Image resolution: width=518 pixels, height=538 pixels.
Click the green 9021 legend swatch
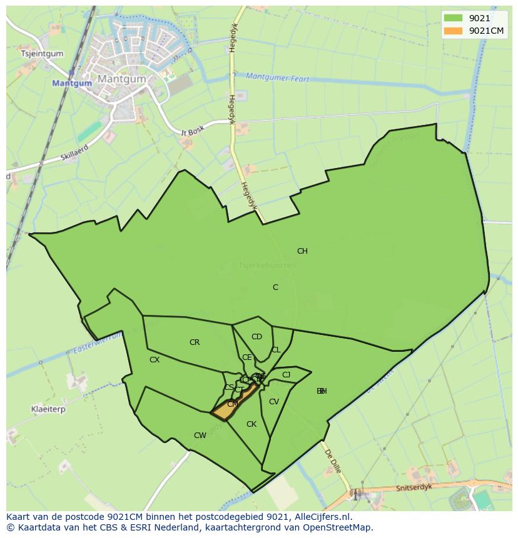[453, 18]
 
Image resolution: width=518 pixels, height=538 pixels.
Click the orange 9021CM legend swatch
[453, 31]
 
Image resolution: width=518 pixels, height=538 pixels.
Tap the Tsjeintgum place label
[43, 54]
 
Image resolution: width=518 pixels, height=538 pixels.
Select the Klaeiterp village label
[48, 409]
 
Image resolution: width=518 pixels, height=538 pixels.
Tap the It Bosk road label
[193, 132]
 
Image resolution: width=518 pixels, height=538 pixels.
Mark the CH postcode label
[302, 251]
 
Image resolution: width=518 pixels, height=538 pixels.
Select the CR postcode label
[195, 342]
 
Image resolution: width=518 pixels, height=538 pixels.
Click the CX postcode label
[155, 360]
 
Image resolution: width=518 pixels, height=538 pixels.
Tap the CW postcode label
[200, 436]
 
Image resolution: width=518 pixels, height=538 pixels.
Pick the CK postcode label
[251, 424]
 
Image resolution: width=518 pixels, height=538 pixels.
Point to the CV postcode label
[273, 402]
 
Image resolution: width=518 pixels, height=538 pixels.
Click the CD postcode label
[256, 337]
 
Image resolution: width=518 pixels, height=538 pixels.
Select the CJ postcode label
[287, 375]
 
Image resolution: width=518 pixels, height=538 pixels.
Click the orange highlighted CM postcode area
[232, 404]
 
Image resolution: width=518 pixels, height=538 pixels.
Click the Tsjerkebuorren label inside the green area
[267, 266]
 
